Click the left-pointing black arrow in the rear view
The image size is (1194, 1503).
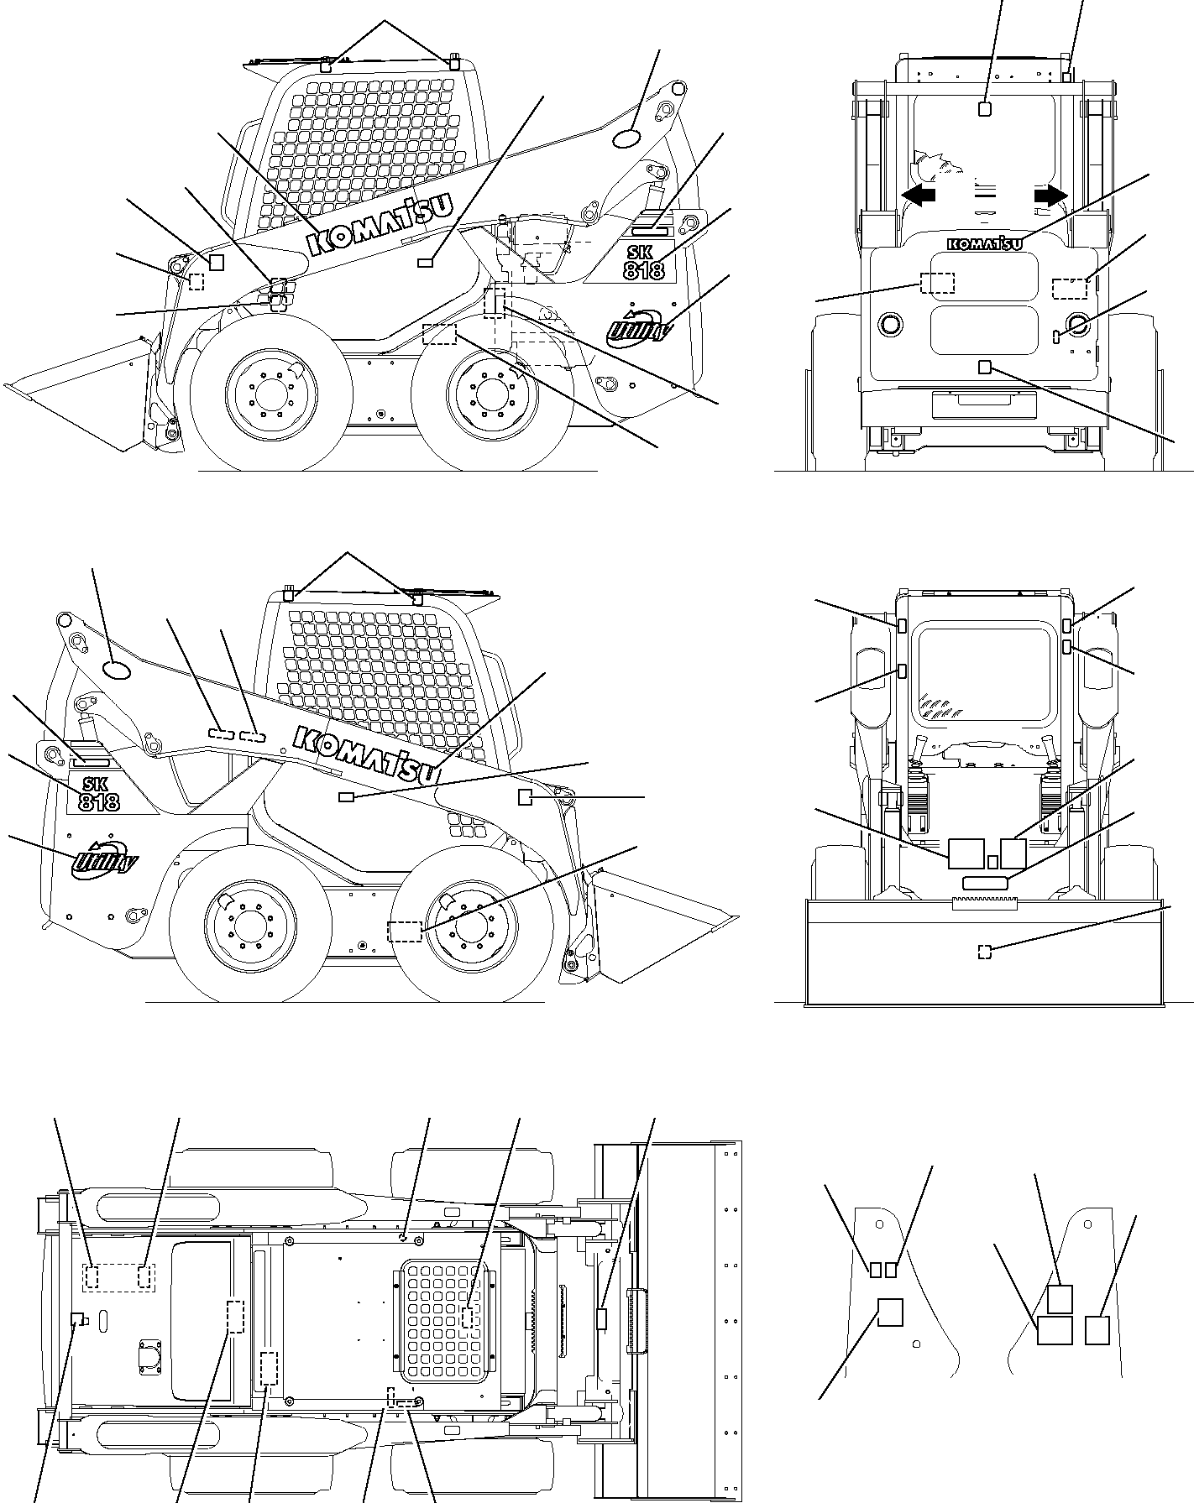tap(918, 196)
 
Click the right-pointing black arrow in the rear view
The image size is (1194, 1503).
tap(1051, 196)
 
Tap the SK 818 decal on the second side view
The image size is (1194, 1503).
tap(99, 793)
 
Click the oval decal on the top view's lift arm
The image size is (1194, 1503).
tap(626, 139)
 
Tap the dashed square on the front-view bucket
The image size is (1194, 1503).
tap(985, 951)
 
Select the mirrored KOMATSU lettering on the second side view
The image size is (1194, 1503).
tap(369, 752)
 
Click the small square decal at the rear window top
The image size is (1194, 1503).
tap(986, 108)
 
